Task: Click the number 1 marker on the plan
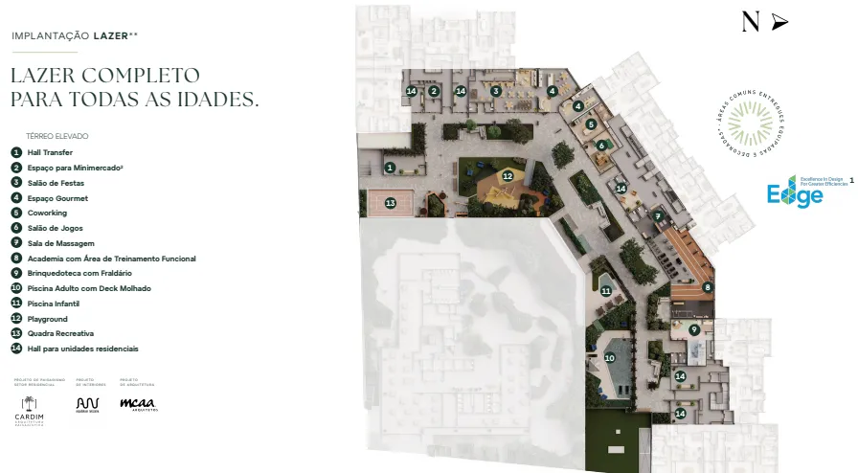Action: tap(390, 167)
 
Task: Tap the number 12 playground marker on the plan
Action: tap(508, 176)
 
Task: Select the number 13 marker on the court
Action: tap(390, 203)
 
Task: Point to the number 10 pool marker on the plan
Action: tap(608, 358)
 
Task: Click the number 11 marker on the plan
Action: tap(605, 290)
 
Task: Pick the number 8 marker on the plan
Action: tap(708, 287)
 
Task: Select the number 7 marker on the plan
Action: tap(658, 216)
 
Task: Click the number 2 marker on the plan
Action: tap(434, 91)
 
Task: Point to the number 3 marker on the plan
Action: tap(496, 91)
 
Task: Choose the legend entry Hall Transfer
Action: tap(50, 152)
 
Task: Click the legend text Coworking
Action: tap(47, 213)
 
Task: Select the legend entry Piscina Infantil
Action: tap(53, 304)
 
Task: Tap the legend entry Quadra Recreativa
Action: tap(60, 333)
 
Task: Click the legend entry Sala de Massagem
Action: tap(60, 243)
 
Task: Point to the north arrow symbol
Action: tap(779, 22)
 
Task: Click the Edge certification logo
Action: tap(795, 192)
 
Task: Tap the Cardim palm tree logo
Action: tap(29, 403)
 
